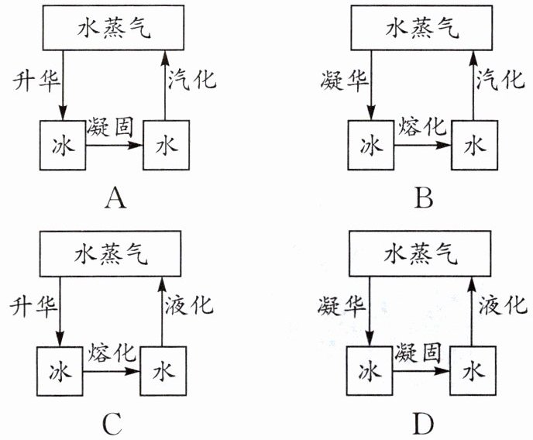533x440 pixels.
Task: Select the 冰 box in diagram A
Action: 63,145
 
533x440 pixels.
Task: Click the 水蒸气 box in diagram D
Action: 422,253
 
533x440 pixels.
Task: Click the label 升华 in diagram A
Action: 31,79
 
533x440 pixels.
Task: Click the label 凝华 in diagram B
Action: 339,79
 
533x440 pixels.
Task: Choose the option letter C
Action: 112,423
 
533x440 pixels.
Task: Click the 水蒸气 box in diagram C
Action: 112,253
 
